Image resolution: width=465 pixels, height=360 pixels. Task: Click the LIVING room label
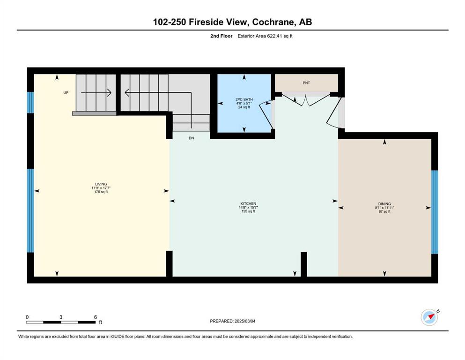(101, 184)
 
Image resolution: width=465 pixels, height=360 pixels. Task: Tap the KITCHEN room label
(248, 203)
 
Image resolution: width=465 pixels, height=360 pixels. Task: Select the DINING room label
(384, 204)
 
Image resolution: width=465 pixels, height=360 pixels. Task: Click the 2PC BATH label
(244, 99)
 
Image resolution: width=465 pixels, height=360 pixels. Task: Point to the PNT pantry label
(306, 83)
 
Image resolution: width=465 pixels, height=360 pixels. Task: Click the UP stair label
(66, 93)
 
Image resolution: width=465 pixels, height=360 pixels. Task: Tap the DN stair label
(191, 138)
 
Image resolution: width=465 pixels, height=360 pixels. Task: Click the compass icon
(429, 317)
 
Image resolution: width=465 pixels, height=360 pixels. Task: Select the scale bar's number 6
(96, 317)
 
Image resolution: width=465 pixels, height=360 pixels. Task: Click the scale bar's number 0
(27, 317)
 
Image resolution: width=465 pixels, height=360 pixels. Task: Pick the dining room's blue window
(435, 212)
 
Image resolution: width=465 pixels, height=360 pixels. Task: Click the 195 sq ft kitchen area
(248, 211)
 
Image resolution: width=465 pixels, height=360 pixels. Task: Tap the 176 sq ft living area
(101, 192)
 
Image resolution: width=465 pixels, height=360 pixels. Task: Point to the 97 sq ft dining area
(384, 211)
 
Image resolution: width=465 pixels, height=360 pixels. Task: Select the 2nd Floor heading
(221, 36)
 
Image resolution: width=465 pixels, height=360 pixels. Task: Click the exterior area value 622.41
(276, 36)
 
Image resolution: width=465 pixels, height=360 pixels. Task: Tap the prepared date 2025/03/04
(245, 321)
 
